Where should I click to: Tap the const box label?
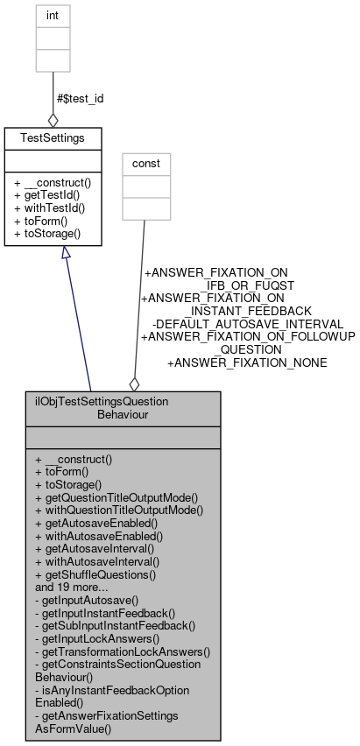click(146, 164)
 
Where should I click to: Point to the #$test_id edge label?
click(80, 98)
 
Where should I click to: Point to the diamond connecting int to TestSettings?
click(53, 119)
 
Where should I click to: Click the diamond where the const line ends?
click(134, 384)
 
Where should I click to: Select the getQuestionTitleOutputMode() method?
click(116, 496)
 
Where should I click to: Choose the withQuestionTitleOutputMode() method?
click(118, 510)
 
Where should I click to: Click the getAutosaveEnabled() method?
click(99, 523)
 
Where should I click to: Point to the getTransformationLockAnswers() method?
click(123, 651)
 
